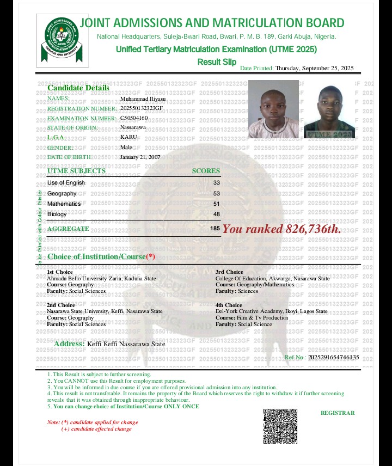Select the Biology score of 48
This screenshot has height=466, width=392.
click(x=217, y=214)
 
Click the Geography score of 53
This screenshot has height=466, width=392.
click(x=217, y=193)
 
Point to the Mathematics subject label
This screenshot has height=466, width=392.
click(x=64, y=204)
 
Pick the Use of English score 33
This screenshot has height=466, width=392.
click(x=217, y=183)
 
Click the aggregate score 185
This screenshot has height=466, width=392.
click(x=215, y=229)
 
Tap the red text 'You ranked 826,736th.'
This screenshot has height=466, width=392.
click(x=281, y=229)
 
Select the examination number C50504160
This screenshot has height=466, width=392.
click(x=134, y=118)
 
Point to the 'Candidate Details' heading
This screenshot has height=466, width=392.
click(x=78, y=88)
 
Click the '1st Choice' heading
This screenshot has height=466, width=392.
click(x=60, y=272)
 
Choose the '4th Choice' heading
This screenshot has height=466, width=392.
click(x=229, y=305)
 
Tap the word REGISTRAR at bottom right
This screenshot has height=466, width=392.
click(x=338, y=413)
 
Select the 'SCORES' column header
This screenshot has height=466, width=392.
click(x=206, y=171)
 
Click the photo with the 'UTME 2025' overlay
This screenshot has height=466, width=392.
click(x=329, y=111)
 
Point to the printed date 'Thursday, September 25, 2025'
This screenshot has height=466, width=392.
click(x=315, y=68)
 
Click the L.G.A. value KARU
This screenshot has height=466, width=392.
click(x=128, y=137)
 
